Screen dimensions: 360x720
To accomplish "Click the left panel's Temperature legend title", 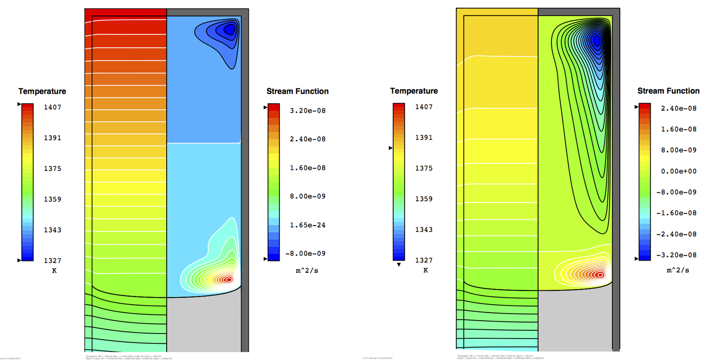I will click(x=42, y=91).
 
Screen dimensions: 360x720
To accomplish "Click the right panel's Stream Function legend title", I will click(x=668, y=91).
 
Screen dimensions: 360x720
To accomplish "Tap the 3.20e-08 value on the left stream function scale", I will click(x=308, y=111).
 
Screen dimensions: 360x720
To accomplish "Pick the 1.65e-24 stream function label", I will click(x=308, y=225).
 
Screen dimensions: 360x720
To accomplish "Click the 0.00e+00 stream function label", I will click(x=679, y=171).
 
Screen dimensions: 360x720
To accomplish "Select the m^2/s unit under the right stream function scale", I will click(x=675, y=270).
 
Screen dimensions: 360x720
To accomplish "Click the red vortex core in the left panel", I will click(x=229, y=279).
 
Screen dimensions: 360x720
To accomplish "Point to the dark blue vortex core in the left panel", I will click(x=230, y=30).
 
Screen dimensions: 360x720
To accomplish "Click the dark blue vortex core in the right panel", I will click(x=596, y=41).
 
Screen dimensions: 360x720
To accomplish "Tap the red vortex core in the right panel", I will click(x=600, y=275).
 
